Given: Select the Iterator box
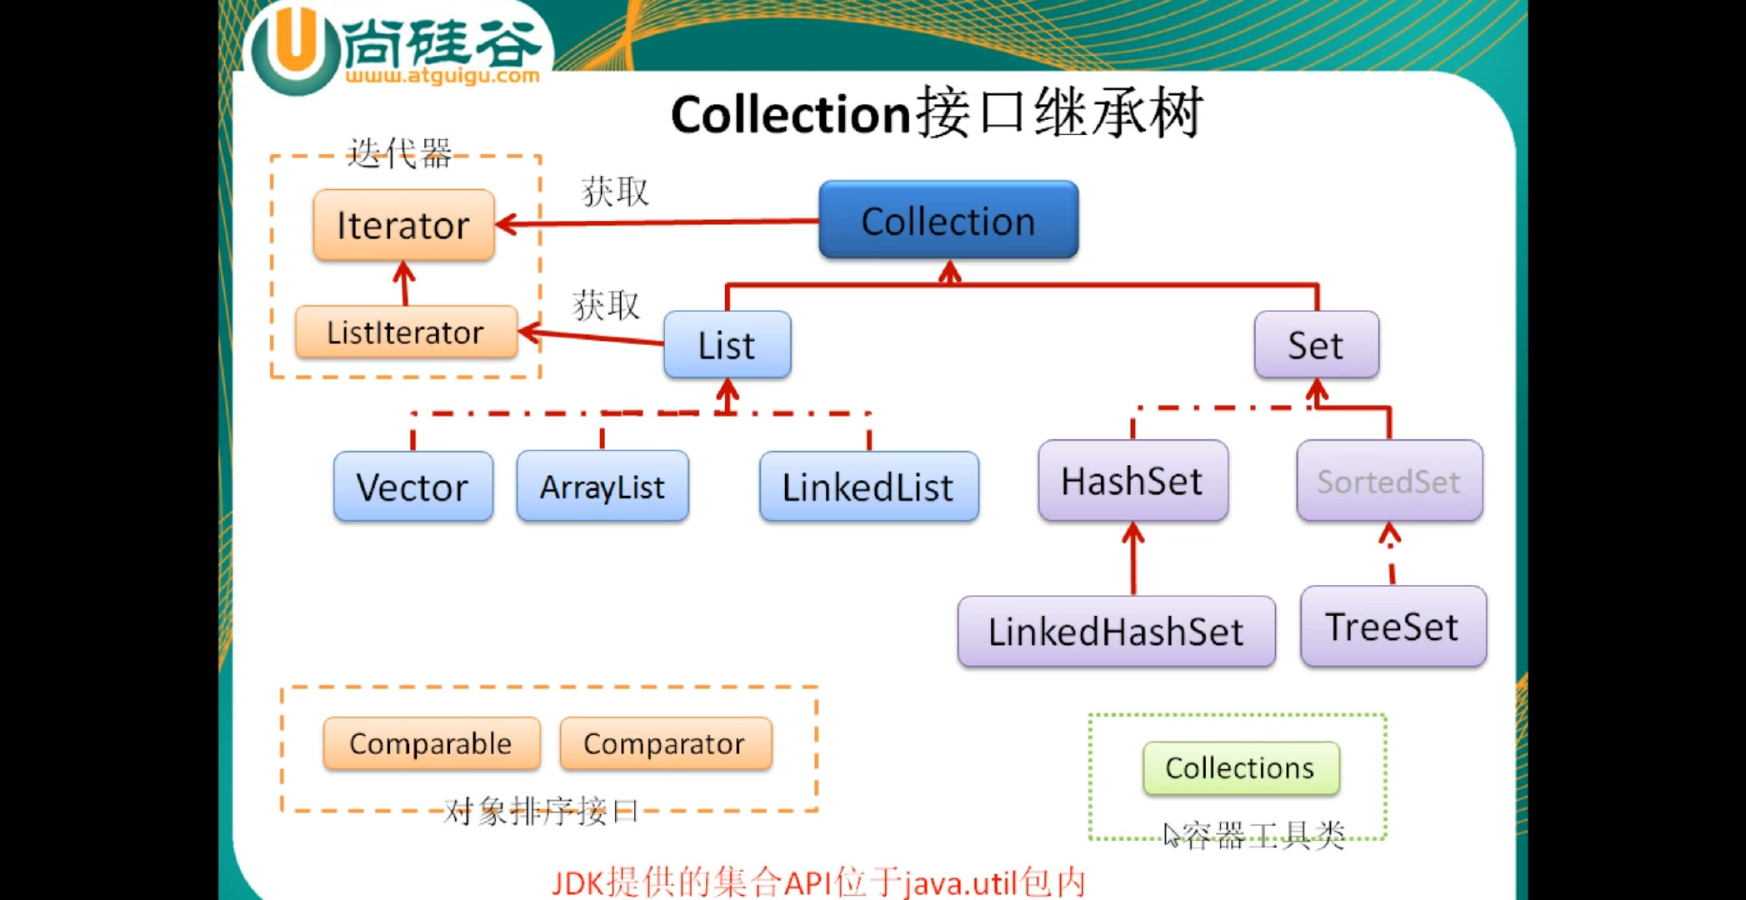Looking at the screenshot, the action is (403, 225).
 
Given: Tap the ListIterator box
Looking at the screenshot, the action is (406, 332).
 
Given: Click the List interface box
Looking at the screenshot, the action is (727, 345).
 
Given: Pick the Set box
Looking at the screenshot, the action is (1316, 345).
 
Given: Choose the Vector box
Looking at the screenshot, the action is (413, 487).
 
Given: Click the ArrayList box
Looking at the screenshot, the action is (602, 487).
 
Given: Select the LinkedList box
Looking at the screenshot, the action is (868, 487).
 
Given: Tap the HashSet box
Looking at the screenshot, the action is (1133, 481).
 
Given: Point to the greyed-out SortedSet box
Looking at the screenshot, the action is (1389, 481).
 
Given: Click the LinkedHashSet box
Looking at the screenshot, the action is (1116, 631).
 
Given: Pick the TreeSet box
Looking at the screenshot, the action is (1393, 627).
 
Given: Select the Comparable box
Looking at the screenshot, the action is (431, 743).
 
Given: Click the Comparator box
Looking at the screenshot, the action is (665, 743).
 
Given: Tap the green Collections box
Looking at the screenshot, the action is (1241, 767).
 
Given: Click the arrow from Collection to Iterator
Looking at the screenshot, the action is (658, 222).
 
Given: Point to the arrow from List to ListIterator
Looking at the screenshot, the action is (592, 337).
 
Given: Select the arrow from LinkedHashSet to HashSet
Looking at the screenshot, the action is (1133, 558).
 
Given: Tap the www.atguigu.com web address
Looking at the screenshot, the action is (443, 77).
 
